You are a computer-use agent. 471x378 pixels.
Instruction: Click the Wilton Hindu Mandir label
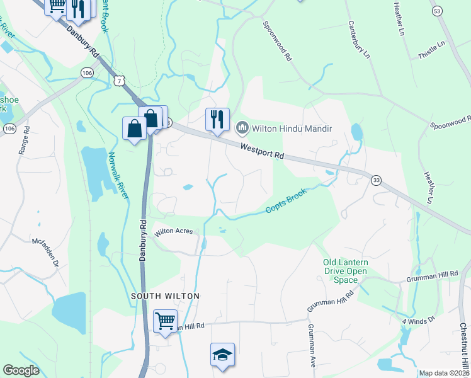tap(292, 129)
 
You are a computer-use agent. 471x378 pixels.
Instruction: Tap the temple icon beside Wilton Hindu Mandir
tap(241, 129)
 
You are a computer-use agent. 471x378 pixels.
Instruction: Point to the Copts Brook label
tap(285, 201)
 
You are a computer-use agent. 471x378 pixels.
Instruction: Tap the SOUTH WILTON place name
tap(165, 295)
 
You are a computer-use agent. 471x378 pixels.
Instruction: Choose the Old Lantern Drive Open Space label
tap(344, 271)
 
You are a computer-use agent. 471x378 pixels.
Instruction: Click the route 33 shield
tap(377, 180)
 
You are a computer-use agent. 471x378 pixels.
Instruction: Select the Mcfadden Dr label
tap(45, 253)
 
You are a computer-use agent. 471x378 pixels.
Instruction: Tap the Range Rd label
tap(24, 141)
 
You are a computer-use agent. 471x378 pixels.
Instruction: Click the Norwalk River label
tap(118, 176)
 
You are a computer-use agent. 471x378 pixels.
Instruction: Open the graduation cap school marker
tap(222, 355)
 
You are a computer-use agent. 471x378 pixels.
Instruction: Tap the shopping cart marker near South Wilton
tap(165, 321)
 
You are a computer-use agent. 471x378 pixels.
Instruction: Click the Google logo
tap(21, 370)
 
